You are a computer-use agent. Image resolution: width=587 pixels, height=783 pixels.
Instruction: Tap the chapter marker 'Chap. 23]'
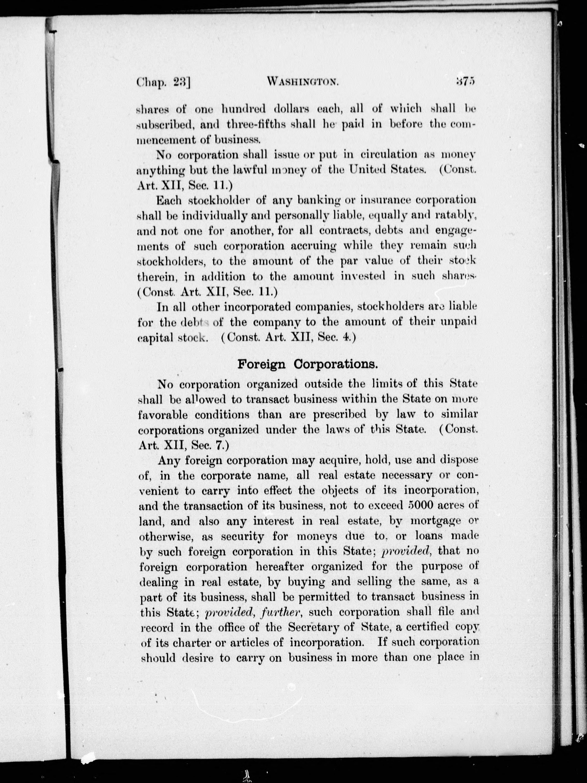click(163, 82)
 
